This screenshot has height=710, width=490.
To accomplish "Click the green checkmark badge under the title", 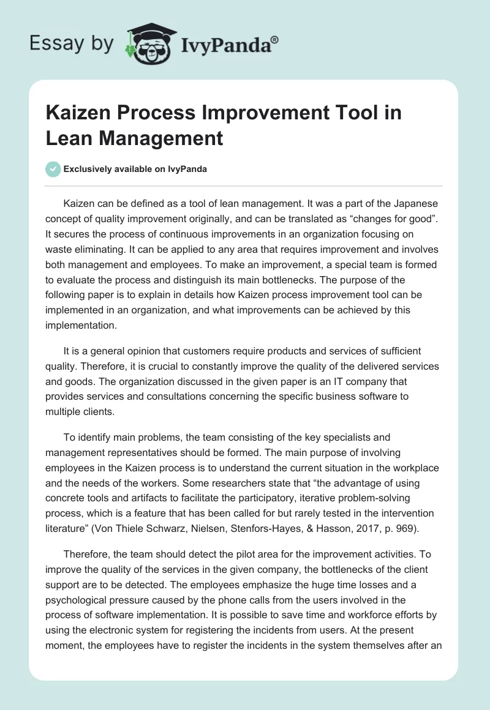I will coord(53,169).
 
